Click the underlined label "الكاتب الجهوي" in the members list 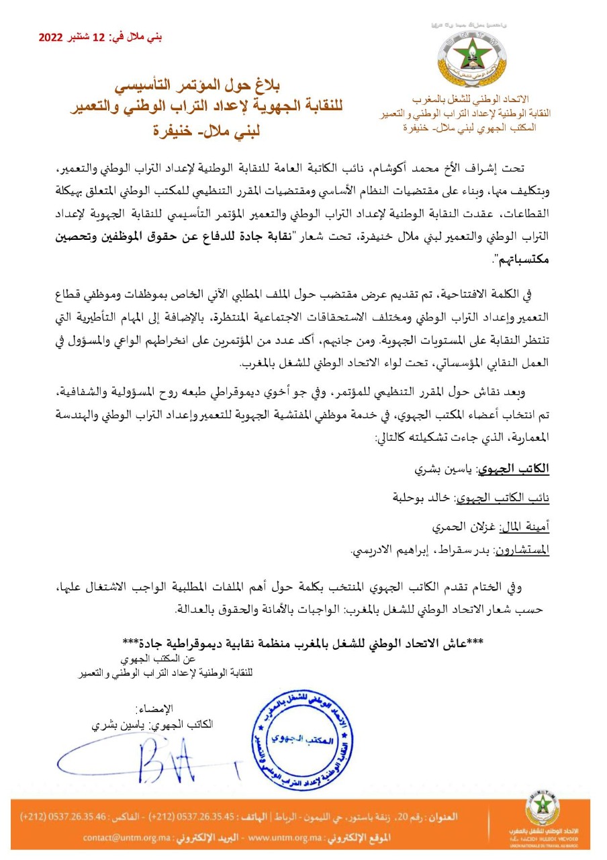[519, 470]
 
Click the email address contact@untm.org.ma [122, 838]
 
